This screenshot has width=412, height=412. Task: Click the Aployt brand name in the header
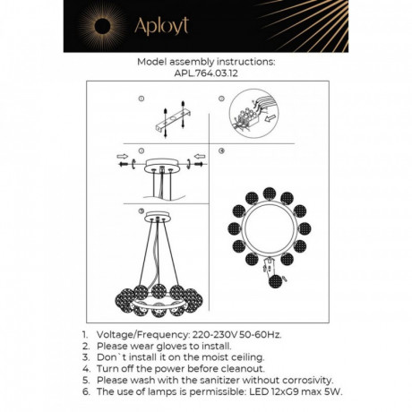pos(161,26)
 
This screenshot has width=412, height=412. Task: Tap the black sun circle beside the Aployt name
pos(102,26)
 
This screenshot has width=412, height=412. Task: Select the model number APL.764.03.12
pos(206,73)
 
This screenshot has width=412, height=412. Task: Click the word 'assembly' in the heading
pos(192,62)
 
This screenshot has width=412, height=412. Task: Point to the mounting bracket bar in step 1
pos(173,121)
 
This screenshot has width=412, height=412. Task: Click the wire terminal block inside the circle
pos(248,119)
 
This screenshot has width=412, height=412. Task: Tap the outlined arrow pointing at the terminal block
pos(270,119)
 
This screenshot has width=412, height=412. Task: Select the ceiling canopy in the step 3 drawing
pos(161,166)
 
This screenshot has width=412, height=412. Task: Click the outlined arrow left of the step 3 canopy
pos(123,157)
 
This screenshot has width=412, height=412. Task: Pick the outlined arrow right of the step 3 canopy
pos(200,157)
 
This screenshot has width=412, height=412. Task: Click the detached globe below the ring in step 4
pos(275,281)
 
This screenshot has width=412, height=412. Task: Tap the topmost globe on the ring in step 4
pos(270,193)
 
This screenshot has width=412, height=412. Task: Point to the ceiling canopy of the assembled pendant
pos(158,217)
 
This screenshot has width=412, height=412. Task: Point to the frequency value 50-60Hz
pos(261,335)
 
